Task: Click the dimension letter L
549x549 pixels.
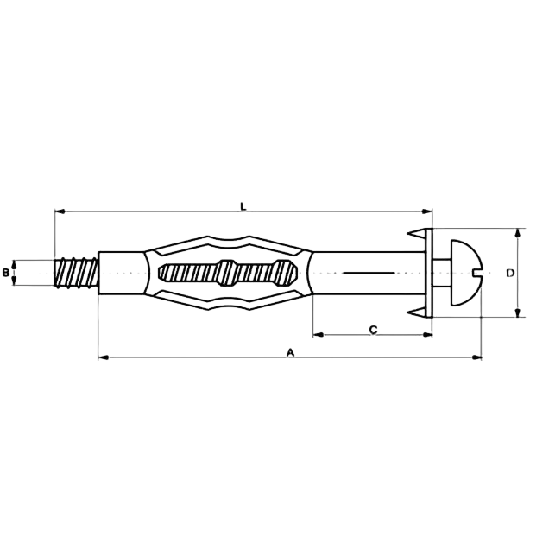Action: point(243,206)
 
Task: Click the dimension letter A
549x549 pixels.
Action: point(290,352)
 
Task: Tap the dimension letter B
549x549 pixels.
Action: point(6,273)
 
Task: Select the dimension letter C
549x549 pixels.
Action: point(374,330)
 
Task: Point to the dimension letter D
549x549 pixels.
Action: point(510,273)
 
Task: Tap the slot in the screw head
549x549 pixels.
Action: point(477,273)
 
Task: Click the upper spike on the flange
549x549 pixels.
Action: point(417,233)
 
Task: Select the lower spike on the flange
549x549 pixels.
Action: point(417,312)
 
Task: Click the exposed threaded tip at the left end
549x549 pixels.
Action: point(76,273)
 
